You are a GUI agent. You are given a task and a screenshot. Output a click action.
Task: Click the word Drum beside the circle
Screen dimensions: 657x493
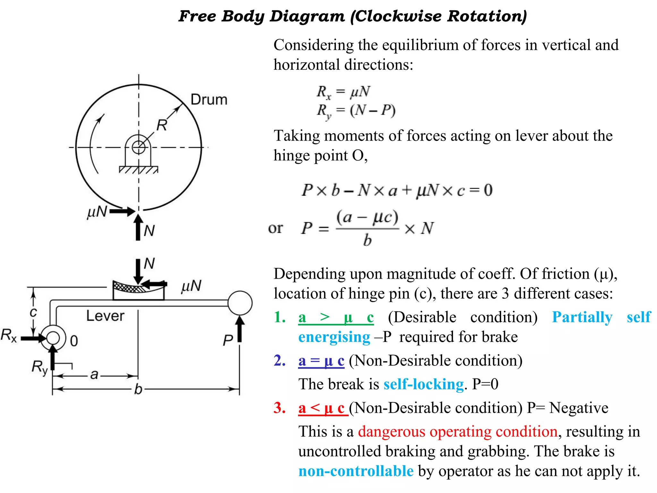click(x=209, y=99)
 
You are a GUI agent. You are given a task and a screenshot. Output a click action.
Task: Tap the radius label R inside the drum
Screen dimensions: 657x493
click(x=162, y=125)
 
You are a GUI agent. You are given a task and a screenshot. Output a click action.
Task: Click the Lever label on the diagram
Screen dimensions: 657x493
click(x=105, y=316)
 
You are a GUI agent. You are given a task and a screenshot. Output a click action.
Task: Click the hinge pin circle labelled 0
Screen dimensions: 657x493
click(x=53, y=338)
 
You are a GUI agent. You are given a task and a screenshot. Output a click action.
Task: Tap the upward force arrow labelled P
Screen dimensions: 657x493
click(x=240, y=329)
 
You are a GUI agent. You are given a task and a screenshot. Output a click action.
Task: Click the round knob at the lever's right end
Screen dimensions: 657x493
click(x=240, y=303)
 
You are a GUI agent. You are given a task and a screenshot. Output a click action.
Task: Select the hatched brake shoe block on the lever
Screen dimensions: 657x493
click(x=138, y=290)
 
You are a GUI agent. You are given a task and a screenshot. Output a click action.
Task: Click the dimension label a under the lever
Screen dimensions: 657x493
click(x=94, y=375)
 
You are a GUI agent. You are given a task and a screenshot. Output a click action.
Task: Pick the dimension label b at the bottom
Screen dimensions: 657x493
click(x=138, y=389)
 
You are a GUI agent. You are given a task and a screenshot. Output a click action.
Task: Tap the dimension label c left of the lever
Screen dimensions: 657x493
click(x=33, y=312)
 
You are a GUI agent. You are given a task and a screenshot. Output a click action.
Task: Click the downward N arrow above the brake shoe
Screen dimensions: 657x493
click(x=138, y=271)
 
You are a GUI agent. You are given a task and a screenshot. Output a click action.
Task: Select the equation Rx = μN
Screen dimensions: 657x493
click(x=343, y=92)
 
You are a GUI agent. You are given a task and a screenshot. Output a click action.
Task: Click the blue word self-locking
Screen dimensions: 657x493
click(x=423, y=384)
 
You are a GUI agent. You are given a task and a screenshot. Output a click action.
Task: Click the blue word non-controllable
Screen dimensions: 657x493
click(x=356, y=471)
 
